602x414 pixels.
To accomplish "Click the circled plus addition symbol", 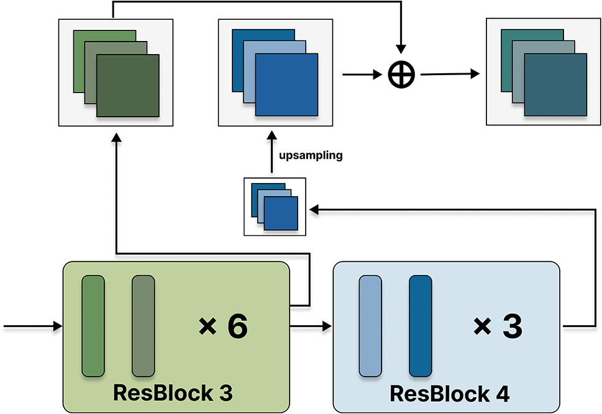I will pyautogui.click(x=401, y=74).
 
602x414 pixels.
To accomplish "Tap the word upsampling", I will pyautogui.click(x=311, y=156).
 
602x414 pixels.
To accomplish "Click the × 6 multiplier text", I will pyautogui.click(x=223, y=326).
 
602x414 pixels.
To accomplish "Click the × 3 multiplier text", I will pyautogui.click(x=497, y=326).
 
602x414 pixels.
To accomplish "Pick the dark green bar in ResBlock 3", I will pyautogui.click(x=93, y=326).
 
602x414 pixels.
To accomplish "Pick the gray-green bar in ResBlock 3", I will pyautogui.click(x=143, y=326).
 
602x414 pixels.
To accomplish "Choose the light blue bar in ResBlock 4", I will pyautogui.click(x=370, y=326).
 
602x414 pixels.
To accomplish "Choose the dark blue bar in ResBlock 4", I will pyautogui.click(x=421, y=326).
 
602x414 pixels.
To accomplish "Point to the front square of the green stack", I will pyautogui.click(x=128, y=85).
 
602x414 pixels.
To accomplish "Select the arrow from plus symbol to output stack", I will pyautogui.click(x=450, y=74).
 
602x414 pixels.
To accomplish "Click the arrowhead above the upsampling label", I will pyautogui.click(x=271, y=136).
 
